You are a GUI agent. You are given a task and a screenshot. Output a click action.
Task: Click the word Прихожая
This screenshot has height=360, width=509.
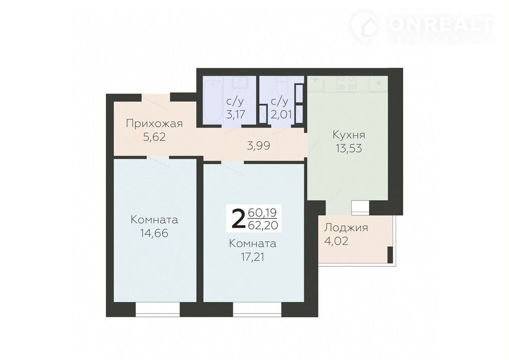(154, 124)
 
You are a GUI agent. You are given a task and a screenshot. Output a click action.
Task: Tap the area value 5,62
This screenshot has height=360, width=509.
(154, 137)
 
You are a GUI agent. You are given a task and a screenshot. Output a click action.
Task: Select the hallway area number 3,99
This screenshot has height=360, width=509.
(258, 146)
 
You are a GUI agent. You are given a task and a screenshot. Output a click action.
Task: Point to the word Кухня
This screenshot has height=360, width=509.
(349, 135)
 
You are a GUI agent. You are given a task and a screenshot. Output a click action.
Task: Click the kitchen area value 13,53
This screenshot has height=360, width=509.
(349, 148)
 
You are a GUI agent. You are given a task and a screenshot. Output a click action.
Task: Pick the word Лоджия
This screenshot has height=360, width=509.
(346, 228)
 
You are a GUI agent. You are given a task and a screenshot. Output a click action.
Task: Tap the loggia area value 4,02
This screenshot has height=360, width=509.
(336, 241)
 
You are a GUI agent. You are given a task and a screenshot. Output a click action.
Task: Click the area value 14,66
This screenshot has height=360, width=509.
(154, 233)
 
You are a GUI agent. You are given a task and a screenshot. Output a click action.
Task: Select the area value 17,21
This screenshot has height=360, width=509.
(253, 257)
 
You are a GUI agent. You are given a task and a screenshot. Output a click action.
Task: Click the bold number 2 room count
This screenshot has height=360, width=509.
(238, 219)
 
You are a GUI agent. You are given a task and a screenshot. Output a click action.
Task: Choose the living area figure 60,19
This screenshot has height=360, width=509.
(262, 213)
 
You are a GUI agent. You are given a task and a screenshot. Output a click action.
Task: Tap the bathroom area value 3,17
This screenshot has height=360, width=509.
(235, 115)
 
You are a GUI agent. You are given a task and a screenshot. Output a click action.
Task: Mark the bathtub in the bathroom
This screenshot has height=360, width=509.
(213, 100)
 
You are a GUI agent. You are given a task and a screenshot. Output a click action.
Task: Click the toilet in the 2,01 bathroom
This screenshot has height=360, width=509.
(281, 85)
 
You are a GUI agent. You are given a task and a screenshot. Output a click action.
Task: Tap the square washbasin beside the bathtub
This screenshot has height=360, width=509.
(241, 83)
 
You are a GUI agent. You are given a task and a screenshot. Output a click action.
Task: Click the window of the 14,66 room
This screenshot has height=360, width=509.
(157, 310)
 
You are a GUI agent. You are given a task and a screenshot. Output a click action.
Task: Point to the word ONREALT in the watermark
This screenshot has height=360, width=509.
(441, 24)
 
